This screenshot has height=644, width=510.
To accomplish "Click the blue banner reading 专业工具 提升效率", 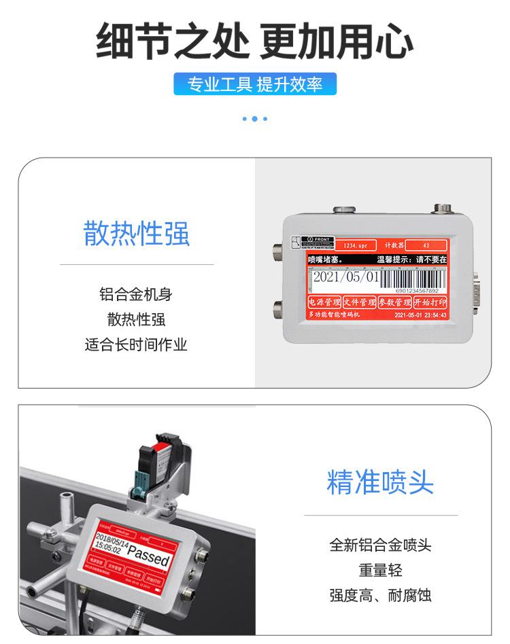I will pyautogui.click(x=255, y=84).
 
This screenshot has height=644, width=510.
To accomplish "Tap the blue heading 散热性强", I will pyautogui.click(x=137, y=233).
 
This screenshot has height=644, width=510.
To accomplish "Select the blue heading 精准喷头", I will pyautogui.click(x=380, y=482).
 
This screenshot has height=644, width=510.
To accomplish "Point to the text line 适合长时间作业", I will pyautogui.click(x=136, y=344).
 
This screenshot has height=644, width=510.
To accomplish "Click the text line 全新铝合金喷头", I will pyautogui.click(x=380, y=545).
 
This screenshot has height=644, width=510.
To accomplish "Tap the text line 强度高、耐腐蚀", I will pyautogui.click(x=380, y=596).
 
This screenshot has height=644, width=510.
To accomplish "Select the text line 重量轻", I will pyautogui.click(x=380, y=571).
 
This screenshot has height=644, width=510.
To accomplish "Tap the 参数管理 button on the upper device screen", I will pyautogui.click(x=395, y=302).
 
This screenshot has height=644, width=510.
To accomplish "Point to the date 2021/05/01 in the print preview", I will pyautogui.click(x=344, y=278).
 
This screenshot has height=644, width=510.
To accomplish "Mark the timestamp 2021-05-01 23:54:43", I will pyautogui.click(x=420, y=315).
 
